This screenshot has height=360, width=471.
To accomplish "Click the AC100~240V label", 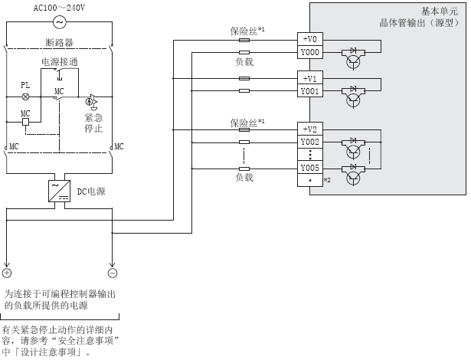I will point(59,7).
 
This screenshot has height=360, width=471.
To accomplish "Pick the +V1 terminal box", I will point(309,78).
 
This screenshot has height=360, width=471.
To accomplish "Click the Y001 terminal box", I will point(309,90).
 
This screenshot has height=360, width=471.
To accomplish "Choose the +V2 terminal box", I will point(309,128).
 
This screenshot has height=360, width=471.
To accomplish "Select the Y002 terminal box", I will point(309,141).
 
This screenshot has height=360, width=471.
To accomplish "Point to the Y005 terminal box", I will point(309,168).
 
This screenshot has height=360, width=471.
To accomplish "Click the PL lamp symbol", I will point(25,97).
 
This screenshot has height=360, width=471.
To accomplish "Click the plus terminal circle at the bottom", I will point(7,272).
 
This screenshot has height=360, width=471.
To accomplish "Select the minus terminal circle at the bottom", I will point(113,272).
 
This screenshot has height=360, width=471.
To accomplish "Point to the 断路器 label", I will point(59,43).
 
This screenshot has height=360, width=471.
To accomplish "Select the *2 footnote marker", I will point(326,180).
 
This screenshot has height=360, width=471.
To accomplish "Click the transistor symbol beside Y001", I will point(354,97).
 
